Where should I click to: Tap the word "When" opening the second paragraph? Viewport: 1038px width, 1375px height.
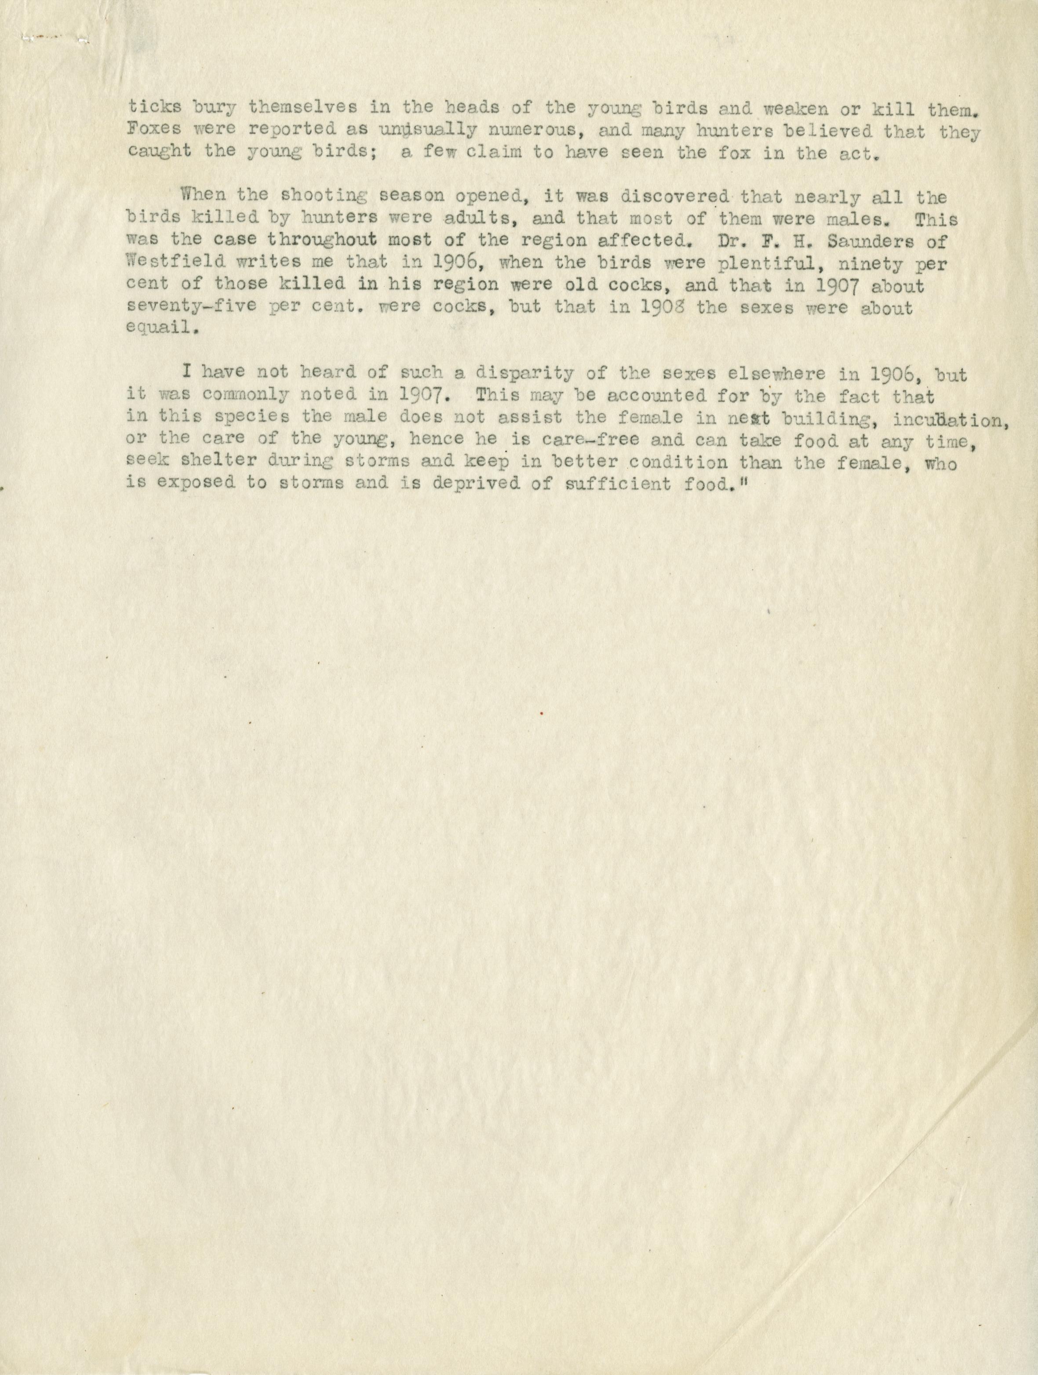pyautogui.click(x=201, y=196)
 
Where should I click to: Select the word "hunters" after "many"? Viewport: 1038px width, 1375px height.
pyautogui.click(x=697, y=130)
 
